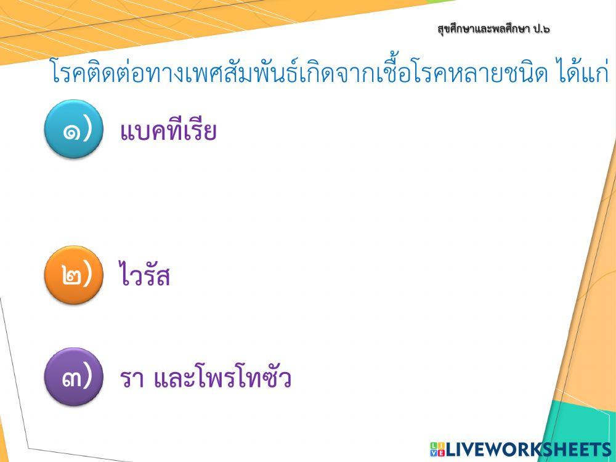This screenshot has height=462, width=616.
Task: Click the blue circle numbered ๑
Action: click(73, 129)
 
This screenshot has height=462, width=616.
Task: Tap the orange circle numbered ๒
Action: click(73, 275)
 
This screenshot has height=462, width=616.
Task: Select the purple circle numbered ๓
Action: click(73, 377)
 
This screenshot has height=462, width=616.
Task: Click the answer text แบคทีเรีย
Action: click(168, 131)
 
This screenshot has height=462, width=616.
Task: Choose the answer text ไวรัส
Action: click(145, 277)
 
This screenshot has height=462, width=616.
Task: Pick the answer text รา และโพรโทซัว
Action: click(206, 378)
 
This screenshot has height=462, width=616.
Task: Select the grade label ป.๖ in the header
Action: click(538, 29)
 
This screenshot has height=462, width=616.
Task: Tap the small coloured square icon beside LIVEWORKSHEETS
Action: click(437, 449)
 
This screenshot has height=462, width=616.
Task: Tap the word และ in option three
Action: click(167, 379)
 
